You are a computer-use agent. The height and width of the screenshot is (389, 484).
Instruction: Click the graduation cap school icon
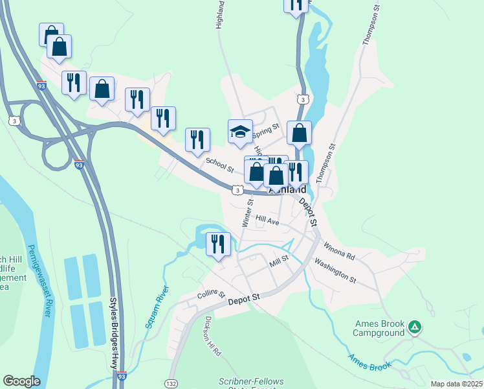(x=240, y=132)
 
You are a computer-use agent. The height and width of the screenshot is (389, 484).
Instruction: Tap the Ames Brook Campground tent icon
(x=415, y=327)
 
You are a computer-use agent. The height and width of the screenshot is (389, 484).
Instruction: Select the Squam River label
(x=156, y=307)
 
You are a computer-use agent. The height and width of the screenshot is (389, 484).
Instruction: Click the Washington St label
(x=335, y=270)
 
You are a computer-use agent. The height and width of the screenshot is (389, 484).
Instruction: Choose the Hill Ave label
(x=267, y=220)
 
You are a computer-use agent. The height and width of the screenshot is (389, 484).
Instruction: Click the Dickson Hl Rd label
(x=212, y=336)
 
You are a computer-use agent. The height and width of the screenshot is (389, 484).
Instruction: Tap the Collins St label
(x=210, y=294)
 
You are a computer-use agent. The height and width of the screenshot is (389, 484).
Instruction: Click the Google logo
(x=21, y=381)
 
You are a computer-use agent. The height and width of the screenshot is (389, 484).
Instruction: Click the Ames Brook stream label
(x=369, y=362)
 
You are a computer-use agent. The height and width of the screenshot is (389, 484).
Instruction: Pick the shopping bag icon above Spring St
(x=299, y=133)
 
